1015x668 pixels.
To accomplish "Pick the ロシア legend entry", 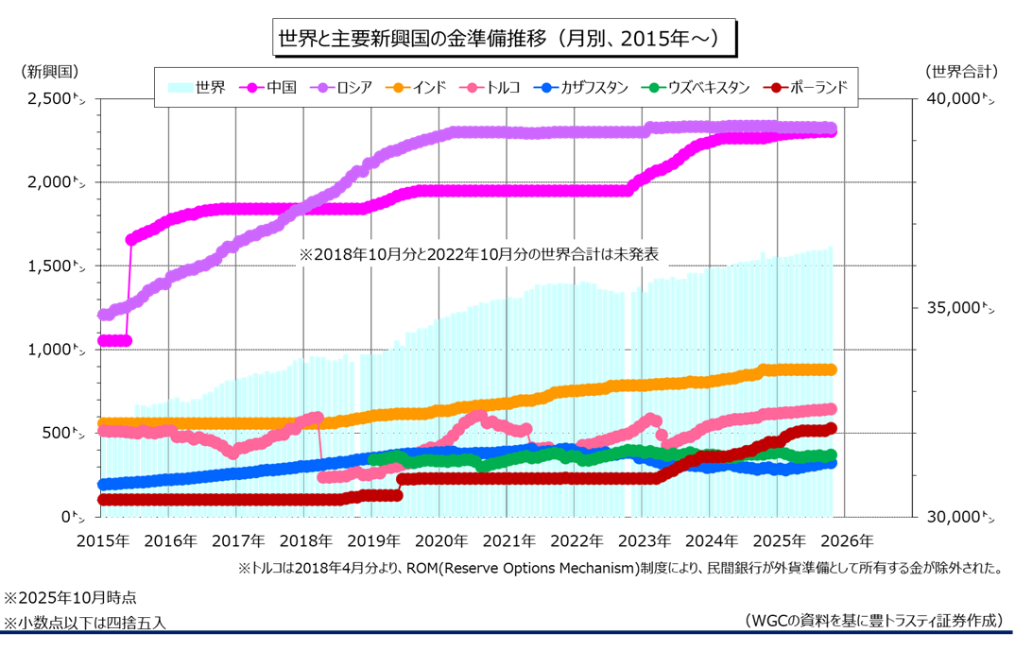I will coord(345,87).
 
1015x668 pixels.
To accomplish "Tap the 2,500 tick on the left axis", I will coord(51,99).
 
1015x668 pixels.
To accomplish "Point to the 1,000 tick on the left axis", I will coord(51,350).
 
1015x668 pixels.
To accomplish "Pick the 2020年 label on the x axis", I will coord(442,541).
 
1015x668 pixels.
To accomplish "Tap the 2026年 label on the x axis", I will coord(849,541).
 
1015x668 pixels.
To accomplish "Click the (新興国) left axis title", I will coord(48,71).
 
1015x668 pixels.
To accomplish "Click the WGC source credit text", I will coord(873,621).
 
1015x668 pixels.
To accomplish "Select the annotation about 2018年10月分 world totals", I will coord(478,254).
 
